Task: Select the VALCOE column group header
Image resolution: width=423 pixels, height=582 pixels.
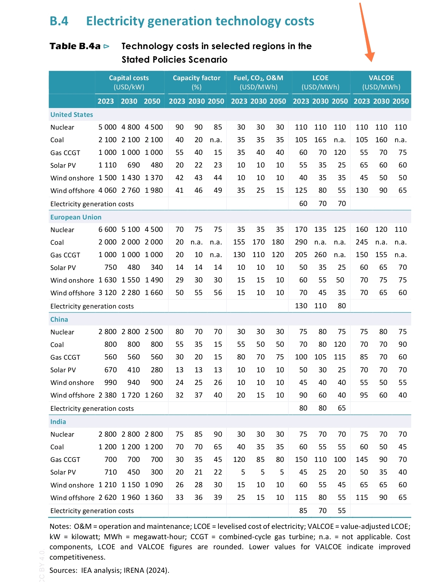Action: click(381, 82)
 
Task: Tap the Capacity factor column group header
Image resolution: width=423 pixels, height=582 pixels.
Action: click(197, 82)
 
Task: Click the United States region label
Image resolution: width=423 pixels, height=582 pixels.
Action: click(72, 115)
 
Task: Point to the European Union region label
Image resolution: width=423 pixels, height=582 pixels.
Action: click(76, 217)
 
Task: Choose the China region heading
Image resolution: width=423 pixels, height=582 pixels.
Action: click(59, 319)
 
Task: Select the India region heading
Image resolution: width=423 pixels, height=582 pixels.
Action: click(58, 422)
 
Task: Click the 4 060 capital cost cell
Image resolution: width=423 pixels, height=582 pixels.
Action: click(107, 190)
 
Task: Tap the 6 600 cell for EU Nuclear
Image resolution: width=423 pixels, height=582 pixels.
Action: click(107, 230)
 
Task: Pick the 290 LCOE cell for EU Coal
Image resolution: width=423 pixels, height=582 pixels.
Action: click(301, 242)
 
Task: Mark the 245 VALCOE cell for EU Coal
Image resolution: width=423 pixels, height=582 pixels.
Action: click(362, 242)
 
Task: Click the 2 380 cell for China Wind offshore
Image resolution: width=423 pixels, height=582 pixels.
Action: click(107, 395)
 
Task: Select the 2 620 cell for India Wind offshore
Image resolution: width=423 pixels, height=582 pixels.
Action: click(107, 498)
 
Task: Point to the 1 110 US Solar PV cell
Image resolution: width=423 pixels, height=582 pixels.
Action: click(107, 165)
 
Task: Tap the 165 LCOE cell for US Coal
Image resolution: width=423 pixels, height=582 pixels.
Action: click(320, 140)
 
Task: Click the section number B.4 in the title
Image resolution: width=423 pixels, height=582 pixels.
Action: click(59, 21)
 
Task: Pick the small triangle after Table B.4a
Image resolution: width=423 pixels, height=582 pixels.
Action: click(106, 46)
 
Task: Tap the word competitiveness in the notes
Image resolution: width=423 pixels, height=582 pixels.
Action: click(77, 557)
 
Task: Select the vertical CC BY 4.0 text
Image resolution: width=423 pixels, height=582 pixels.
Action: click(42, 565)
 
